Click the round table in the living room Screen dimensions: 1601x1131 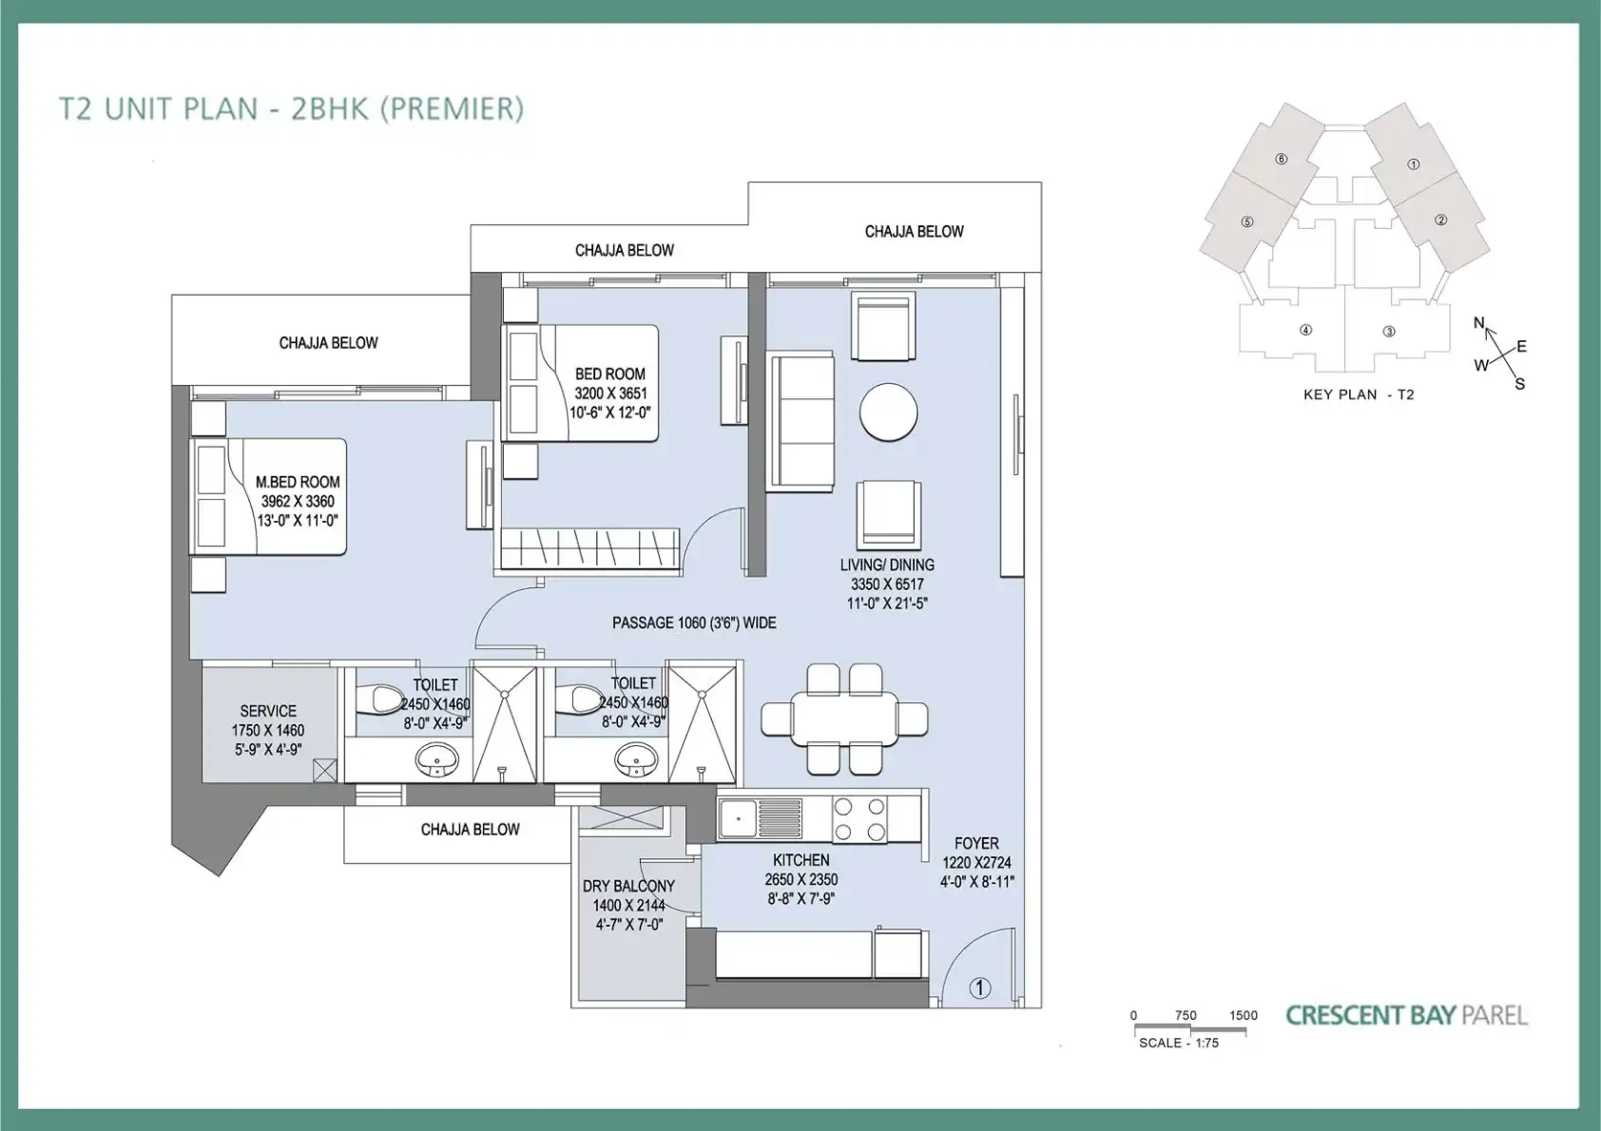point(888,412)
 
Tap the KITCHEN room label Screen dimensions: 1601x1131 point(801,860)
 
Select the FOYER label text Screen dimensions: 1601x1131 point(976,843)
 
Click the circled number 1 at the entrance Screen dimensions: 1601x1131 point(979,988)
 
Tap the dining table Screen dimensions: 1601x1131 point(844,719)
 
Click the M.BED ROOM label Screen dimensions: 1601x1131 point(298,482)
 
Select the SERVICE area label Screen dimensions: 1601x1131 point(268,711)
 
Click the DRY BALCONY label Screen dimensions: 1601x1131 point(628,886)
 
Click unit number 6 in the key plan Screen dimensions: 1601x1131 point(1282,159)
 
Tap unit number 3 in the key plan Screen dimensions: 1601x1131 point(1389,332)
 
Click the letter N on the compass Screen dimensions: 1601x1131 point(1478,323)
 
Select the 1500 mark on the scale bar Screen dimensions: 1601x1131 point(1244,1015)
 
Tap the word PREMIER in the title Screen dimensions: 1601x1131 point(453,108)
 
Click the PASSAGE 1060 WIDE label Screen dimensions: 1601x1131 point(694,623)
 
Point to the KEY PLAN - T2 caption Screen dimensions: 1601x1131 point(1359,394)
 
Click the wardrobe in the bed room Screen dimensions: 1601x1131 point(588,549)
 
